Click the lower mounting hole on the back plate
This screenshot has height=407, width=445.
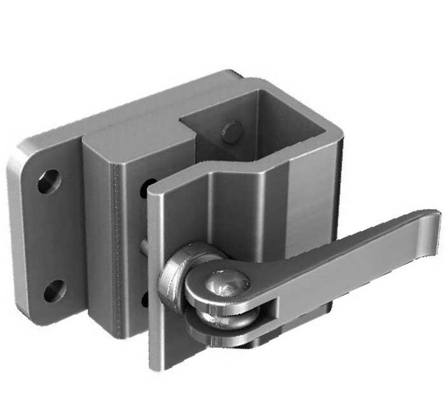coord(54,291)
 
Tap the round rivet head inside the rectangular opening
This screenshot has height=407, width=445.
coord(231,132)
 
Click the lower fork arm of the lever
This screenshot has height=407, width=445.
coord(222,331)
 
